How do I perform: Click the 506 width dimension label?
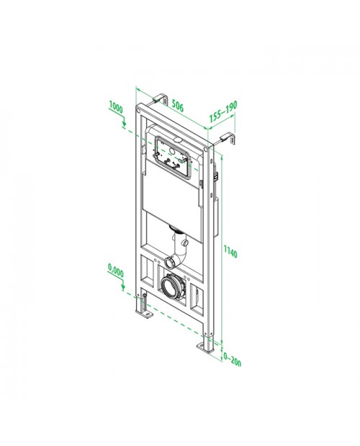[178, 106]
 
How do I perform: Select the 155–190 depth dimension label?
[223, 111]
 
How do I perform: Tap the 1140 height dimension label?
[230, 252]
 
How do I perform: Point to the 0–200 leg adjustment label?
[233, 360]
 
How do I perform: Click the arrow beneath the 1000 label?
[124, 122]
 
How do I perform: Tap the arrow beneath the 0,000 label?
[123, 285]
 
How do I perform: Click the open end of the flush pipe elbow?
[170, 263]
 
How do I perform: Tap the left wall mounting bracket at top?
[160, 98]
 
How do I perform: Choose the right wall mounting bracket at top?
[228, 137]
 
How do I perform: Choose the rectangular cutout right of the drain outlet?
[197, 299]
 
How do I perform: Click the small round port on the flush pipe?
[186, 243]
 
